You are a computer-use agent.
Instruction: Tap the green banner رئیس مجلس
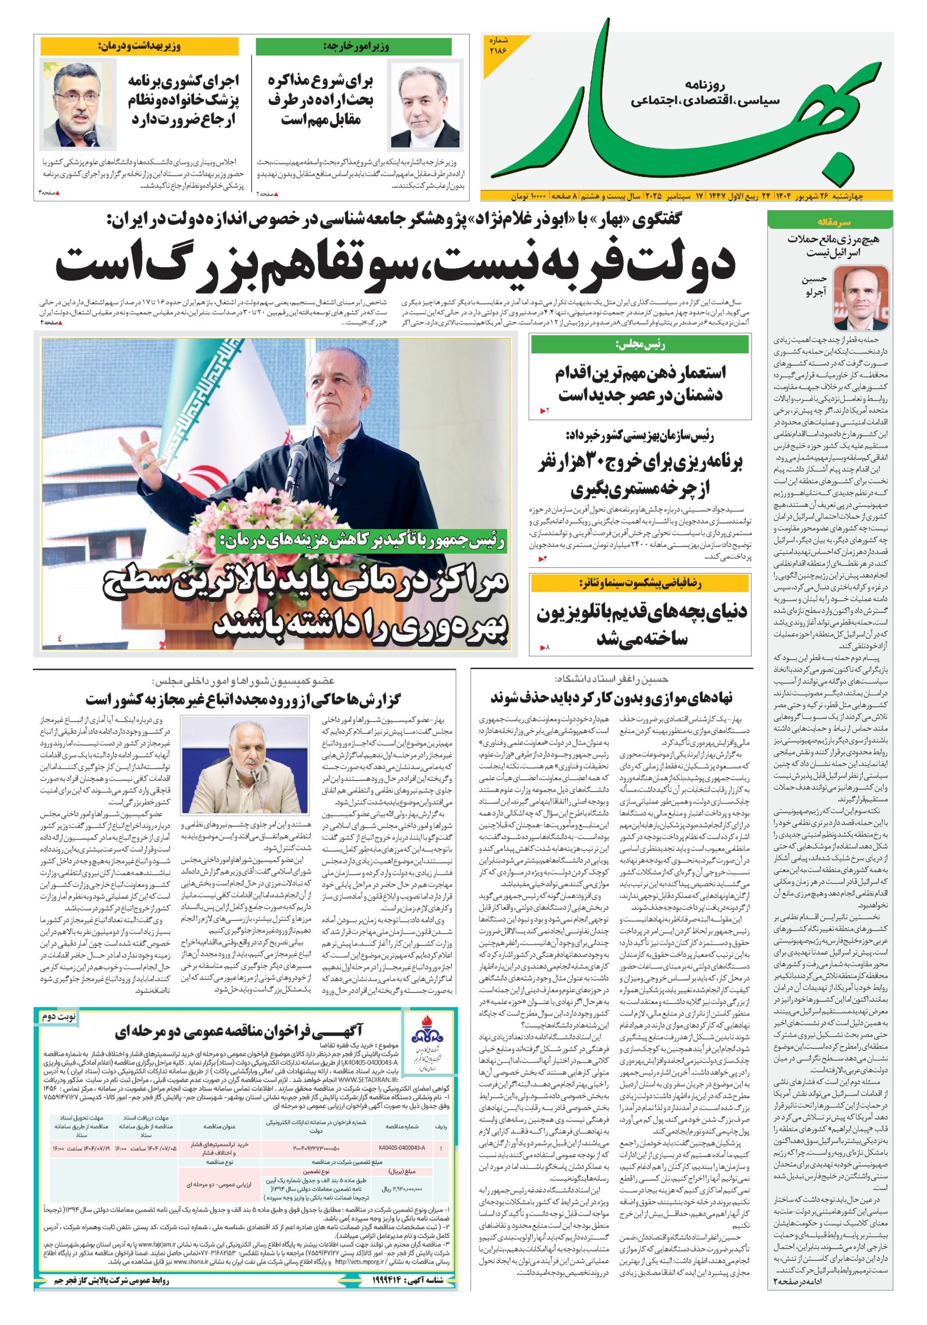pos(640,345)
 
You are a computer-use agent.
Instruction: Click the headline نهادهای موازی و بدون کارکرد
pos(611,698)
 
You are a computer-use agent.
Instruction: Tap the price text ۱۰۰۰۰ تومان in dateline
pos(525,196)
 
